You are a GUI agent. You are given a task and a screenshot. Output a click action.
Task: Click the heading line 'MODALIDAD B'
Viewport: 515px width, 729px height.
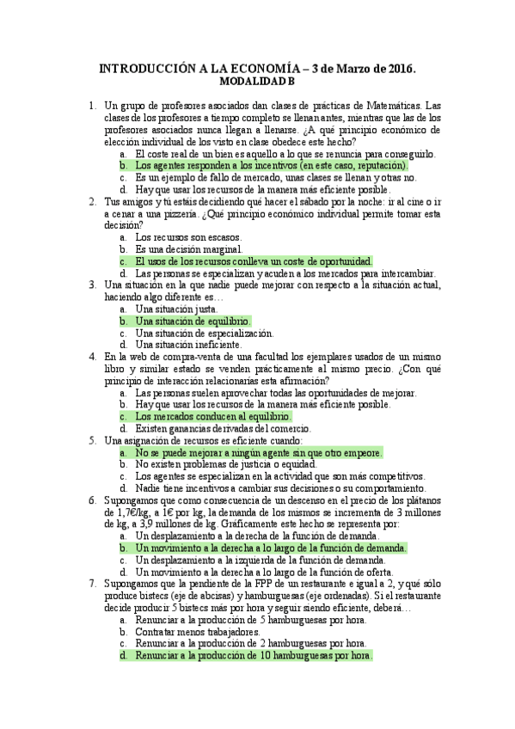tap(257, 82)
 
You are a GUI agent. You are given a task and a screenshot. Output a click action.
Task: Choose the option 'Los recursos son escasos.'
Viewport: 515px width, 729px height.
tap(188, 236)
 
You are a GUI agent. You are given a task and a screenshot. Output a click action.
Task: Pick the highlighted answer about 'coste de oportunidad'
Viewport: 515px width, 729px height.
tap(254, 260)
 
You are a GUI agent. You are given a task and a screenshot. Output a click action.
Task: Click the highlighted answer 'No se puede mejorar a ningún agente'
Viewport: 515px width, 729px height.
tap(259, 452)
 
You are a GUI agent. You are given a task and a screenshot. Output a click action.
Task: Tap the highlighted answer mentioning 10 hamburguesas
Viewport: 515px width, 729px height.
tap(254, 655)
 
